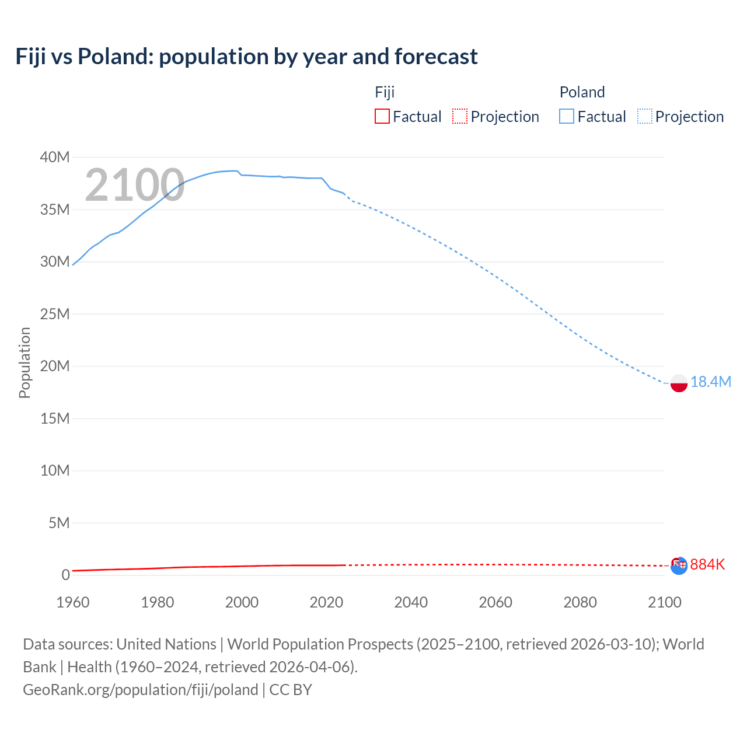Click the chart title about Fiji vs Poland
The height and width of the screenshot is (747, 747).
click(246, 57)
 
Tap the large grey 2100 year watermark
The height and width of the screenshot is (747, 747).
click(135, 185)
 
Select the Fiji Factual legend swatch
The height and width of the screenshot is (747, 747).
click(382, 116)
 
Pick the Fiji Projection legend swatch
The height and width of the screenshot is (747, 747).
click(460, 116)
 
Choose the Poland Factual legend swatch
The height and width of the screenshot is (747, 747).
click(566, 116)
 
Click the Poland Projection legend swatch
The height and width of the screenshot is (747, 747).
click(645, 116)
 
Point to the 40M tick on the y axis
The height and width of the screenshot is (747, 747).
click(55, 157)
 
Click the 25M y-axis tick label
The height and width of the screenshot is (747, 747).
click(55, 314)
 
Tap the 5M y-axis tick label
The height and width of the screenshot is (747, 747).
click(58, 523)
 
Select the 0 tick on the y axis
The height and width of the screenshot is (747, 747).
click(65, 575)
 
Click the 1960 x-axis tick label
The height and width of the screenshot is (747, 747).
click(73, 602)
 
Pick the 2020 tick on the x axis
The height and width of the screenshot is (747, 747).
click(326, 602)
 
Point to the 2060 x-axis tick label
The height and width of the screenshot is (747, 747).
click(495, 602)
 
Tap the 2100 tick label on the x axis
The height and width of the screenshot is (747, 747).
click(664, 602)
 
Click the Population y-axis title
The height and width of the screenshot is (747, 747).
click(25, 362)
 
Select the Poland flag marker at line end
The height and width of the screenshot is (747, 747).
click(679, 383)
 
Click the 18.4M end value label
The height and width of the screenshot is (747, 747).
click(710, 382)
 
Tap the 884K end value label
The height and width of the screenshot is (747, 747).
click(707, 564)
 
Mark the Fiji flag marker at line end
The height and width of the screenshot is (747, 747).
click(679, 565)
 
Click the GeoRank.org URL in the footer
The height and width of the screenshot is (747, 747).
click(140, 690)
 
